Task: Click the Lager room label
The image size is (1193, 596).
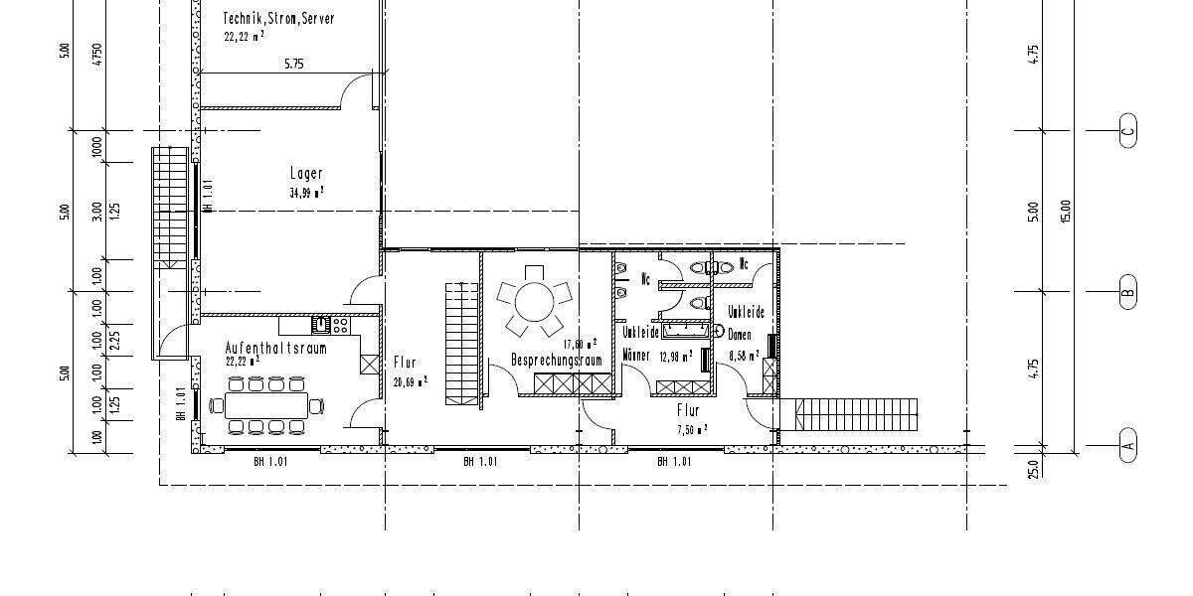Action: point(306,174)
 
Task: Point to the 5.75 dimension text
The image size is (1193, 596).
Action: point(293,64)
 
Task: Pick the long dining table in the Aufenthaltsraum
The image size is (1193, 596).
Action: point(265,404)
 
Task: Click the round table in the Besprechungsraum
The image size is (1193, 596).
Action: point(535,298)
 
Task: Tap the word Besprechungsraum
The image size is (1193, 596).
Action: point(557,360)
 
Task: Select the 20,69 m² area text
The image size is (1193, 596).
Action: point(411,380)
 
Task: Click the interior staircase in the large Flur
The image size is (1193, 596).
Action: point(460,343)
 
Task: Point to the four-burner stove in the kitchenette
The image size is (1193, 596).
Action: point(340,324)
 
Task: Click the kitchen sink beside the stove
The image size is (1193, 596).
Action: point(320,324)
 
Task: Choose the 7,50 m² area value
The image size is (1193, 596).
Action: point(692,429)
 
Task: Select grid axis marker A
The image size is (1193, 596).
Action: point(1127,443)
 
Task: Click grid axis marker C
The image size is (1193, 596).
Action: point(1127,130)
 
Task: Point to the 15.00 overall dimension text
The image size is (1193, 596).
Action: point(1066,211)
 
